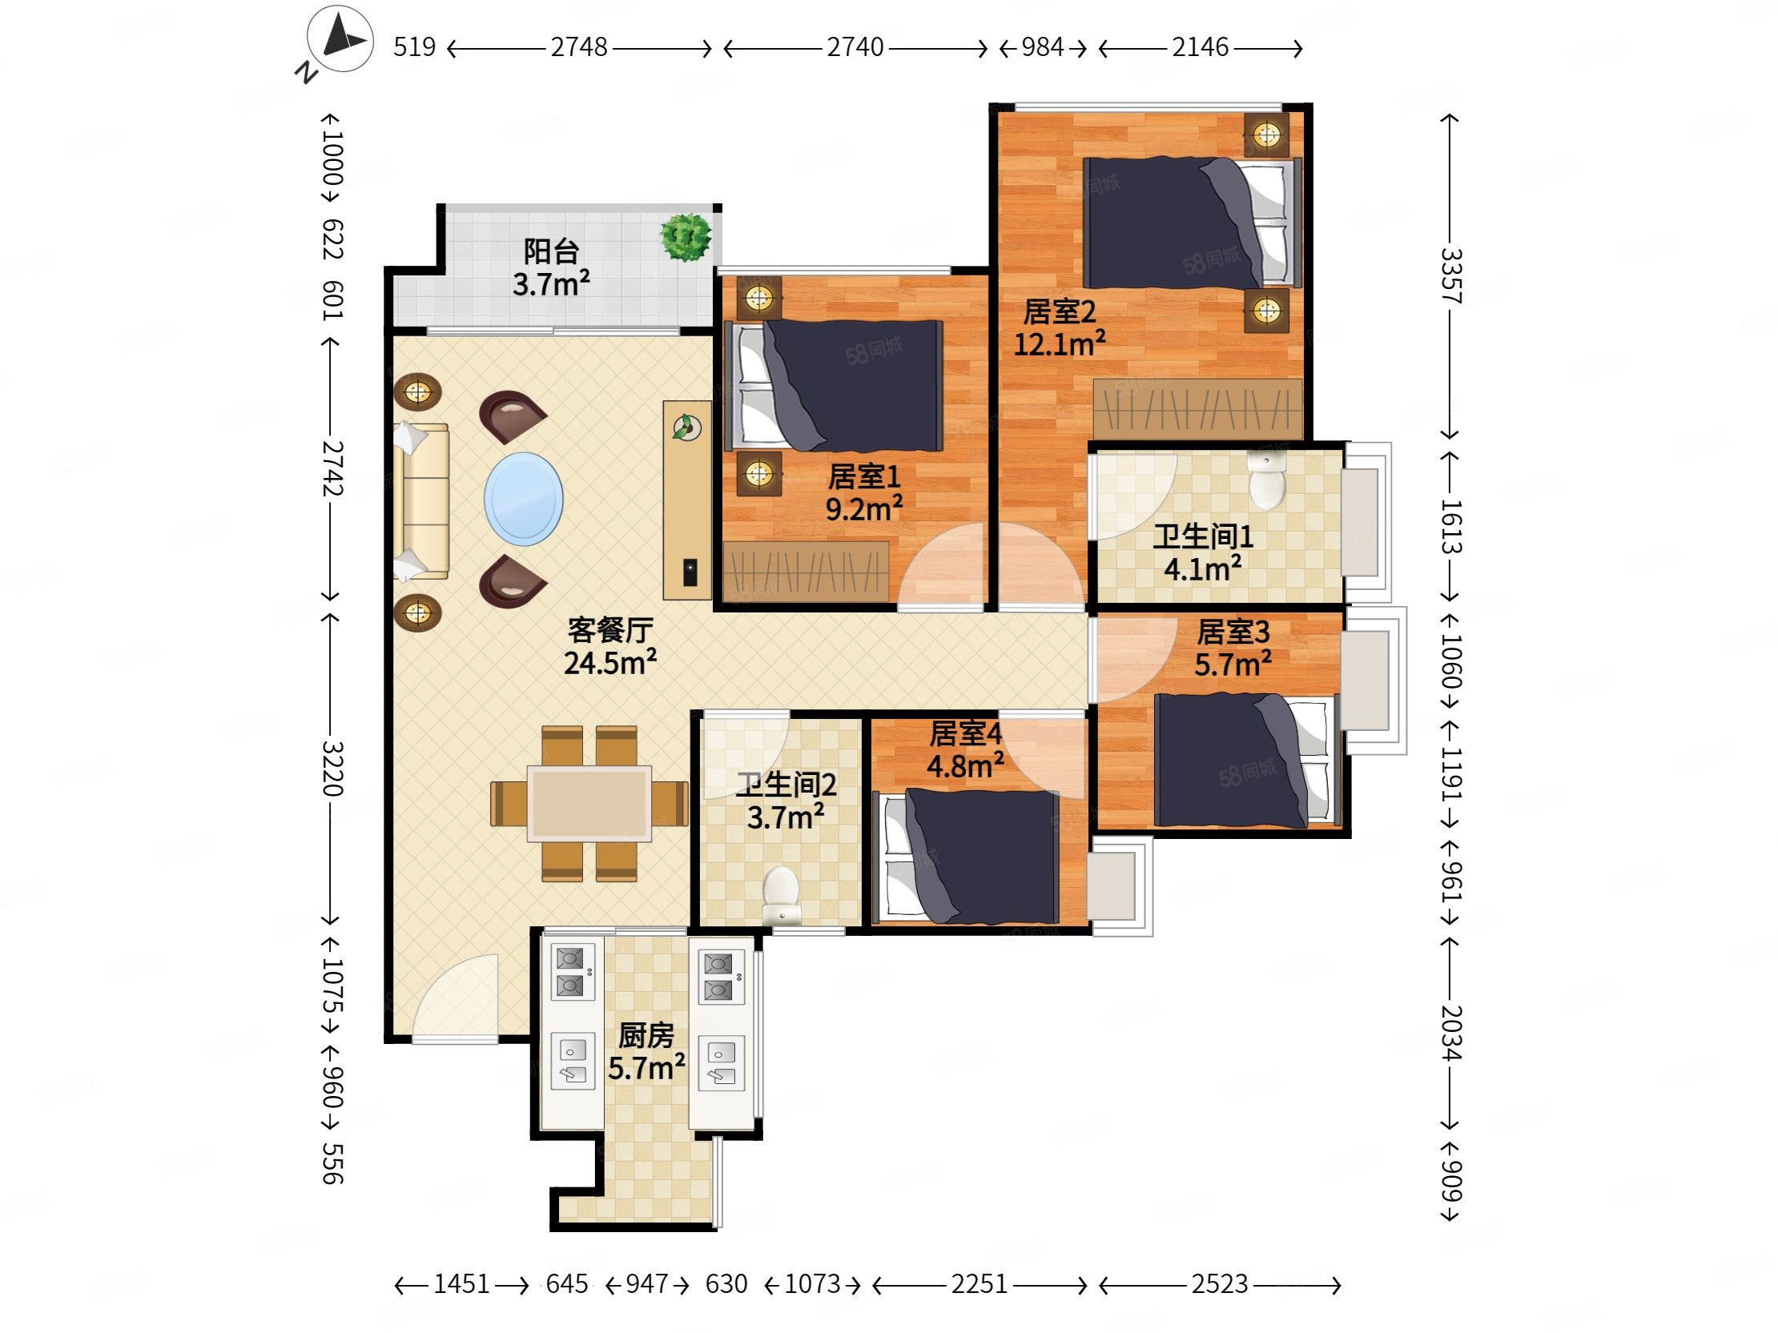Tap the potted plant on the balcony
[686, 237]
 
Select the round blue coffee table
[523, 499]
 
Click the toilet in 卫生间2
[781, 893]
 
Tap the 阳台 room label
[551, 251]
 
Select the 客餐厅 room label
[610, 630]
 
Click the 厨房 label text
[646, 1036]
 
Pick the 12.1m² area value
[1060, 344]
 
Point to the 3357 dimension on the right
[1450, 275]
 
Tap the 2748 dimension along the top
[579, 47]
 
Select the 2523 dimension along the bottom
[1219, 1284]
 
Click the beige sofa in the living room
[421, 500]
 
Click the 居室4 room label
[965, 733]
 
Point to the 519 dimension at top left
[414, 47]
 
